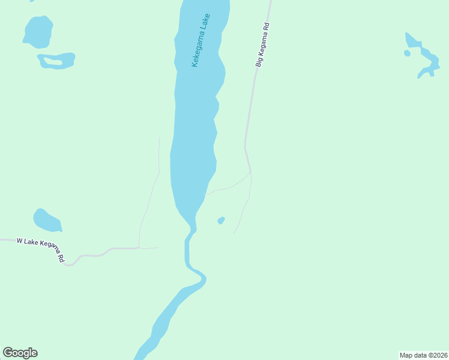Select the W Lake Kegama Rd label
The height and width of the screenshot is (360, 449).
pos(41,248)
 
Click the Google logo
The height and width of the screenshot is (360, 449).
pos(20,353)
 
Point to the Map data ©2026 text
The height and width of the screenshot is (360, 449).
pos(423,355)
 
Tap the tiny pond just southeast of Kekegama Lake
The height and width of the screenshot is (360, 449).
pos(221,221)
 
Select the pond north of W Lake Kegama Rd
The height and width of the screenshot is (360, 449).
pos(46,221)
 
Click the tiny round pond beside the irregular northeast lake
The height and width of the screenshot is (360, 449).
pos(407,53)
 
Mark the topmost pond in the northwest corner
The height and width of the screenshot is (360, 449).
pos(38,31)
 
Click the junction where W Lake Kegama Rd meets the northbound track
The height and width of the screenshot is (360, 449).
pos(139,247)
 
